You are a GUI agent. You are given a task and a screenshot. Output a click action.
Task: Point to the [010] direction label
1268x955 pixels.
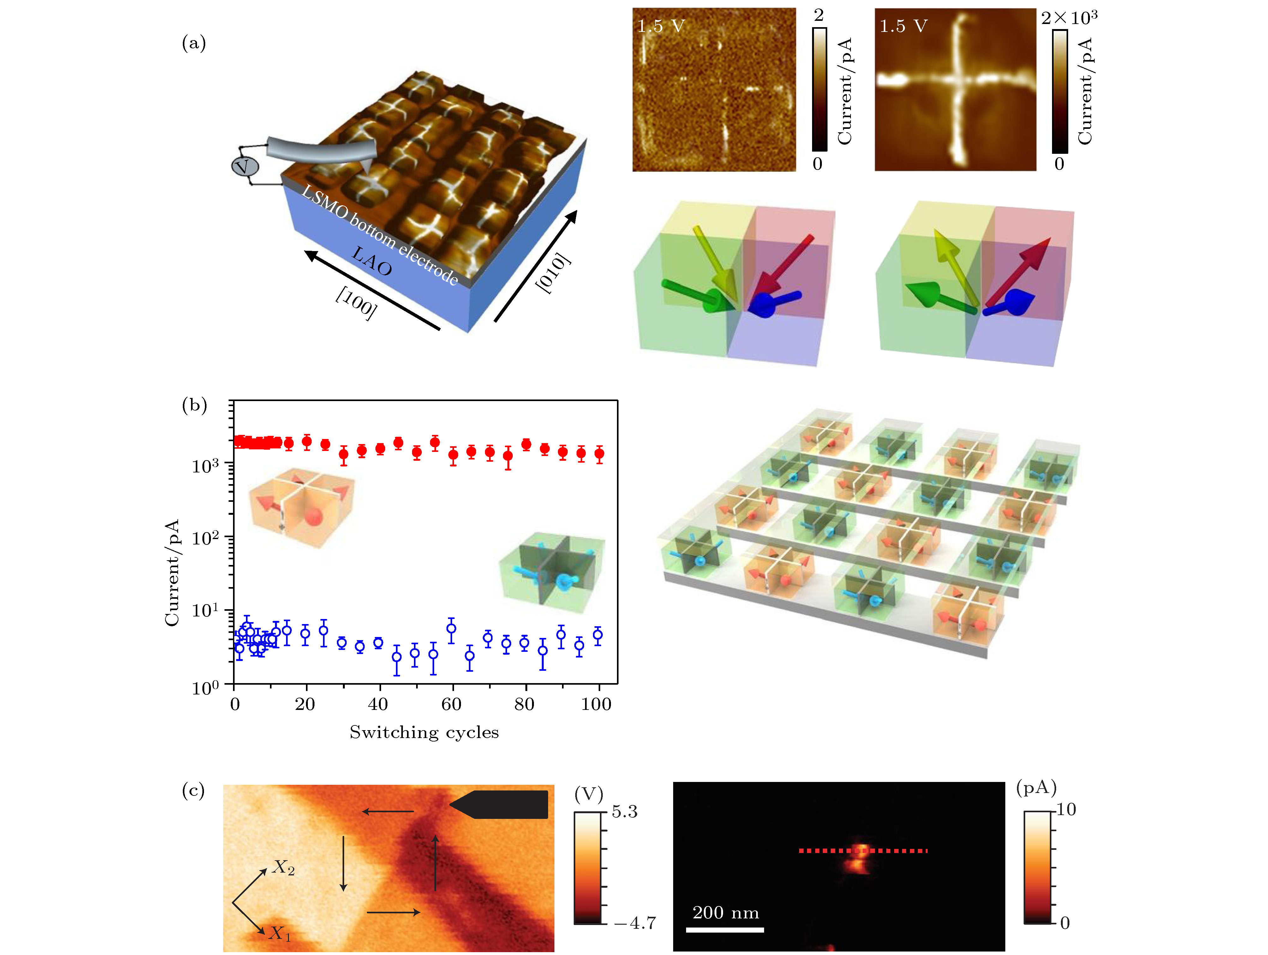point(553,273)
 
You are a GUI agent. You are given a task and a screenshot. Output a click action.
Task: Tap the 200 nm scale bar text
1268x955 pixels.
point(725,913)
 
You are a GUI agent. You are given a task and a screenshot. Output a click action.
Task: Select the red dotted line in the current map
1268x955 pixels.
point(863,851)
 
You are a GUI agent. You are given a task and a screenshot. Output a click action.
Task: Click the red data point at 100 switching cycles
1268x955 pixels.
point(599,454)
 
